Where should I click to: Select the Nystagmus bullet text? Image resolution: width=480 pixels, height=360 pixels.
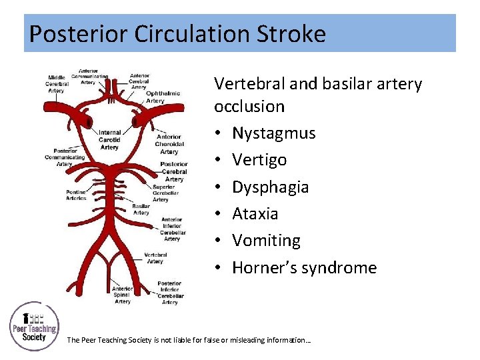[273, 133]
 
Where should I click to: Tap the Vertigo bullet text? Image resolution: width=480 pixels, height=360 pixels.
[259, 160]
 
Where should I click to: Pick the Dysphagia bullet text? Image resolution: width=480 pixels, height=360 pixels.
[270, 187]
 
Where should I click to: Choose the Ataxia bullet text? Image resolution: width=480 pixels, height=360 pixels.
[255, 214]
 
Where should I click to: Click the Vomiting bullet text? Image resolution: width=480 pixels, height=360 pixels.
[266, 241]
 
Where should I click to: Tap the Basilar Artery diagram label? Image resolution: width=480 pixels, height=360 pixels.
[141, 209]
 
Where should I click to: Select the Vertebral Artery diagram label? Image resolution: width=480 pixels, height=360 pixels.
[155, 257]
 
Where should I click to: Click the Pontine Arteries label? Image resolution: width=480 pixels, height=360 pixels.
[75, 194]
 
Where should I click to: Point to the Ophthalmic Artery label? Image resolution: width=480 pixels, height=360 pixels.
[163, 97]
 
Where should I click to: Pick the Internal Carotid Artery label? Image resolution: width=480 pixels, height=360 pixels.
[109, 139]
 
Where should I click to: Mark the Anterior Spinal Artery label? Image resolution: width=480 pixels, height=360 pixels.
[123, 295]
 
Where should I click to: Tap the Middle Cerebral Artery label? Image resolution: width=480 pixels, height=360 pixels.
[57, 84]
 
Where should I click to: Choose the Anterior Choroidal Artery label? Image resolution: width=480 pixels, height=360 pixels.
[169, 144]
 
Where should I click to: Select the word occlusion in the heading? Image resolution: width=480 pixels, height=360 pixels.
[249, 107]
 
